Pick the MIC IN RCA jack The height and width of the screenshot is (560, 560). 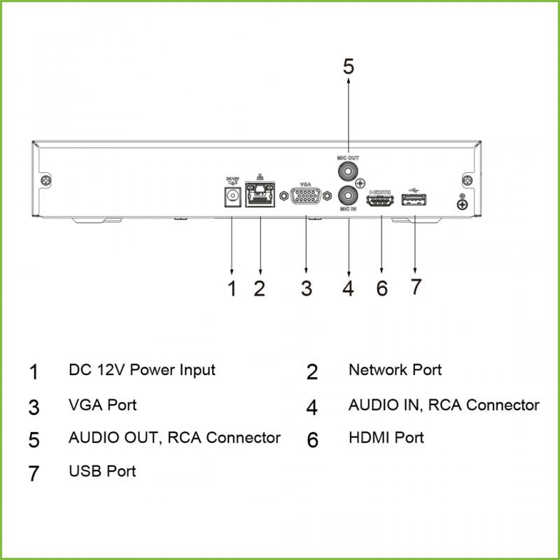tap(348, 194)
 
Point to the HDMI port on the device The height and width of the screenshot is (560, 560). tap(381, 200)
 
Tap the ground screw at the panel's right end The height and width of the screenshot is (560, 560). tap(462, 204)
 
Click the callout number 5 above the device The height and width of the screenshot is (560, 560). tap(348, 66)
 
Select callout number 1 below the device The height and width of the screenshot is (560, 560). tap(232, 288)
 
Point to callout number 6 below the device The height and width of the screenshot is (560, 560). tap(381, 288)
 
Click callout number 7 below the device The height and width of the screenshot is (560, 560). tap(416, 287)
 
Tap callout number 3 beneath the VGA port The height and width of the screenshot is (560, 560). tap(306, 288)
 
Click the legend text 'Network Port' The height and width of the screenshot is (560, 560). tap(395, 370)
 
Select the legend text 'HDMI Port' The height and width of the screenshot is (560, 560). tap(386, 438)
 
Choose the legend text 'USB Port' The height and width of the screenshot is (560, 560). tap(102, 471)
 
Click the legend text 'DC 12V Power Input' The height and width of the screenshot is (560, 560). tap(141, 370)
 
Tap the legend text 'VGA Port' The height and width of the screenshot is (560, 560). tap(102, 405)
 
